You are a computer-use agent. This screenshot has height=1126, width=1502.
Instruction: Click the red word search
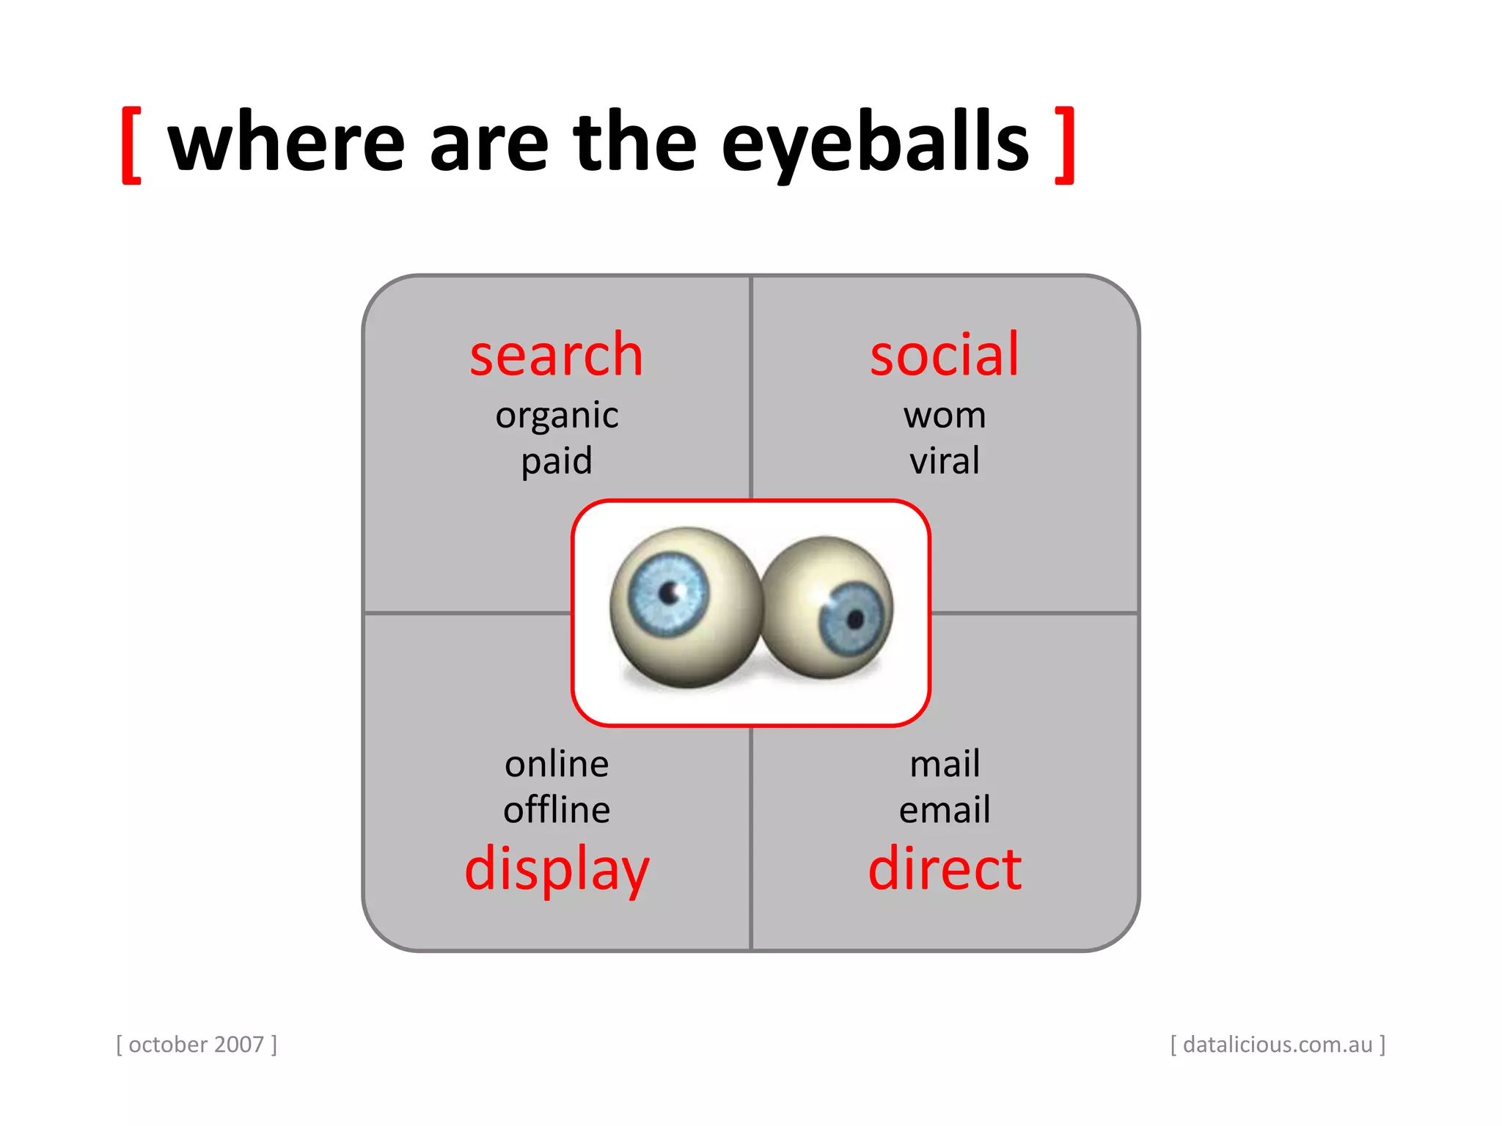[x=556, y=356]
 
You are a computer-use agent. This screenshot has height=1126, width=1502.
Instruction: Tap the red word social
[x=945, y=356]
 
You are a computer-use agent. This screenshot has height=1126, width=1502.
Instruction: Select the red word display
[x=557, y=870]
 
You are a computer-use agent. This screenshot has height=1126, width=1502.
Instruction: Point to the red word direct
[x=945, y=869]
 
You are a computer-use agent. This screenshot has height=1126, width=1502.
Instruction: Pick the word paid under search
[x=557, y=462]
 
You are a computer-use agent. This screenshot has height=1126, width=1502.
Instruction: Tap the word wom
[x=945, y=416]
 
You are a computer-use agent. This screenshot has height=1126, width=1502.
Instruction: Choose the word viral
[x=945, y=461]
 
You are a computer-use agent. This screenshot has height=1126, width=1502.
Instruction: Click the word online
[x=557, y=765]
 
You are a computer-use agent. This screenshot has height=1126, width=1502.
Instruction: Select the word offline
[x=557, y=810]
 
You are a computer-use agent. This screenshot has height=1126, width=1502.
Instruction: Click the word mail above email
[x=945, y=765]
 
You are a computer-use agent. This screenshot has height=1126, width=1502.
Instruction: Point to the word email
[x=945, y=810]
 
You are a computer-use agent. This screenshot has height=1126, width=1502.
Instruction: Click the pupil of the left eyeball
[x=669, y=592]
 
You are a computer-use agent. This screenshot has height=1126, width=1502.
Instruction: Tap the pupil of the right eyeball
[x=854, y=619]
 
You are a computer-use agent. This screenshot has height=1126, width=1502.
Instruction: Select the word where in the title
[x=286, y=143]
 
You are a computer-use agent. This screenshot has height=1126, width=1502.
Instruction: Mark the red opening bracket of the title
[x=131, y=144]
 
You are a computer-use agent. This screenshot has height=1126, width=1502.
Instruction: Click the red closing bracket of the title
[x=1065, y=144]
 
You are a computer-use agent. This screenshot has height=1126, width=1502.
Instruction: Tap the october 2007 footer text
[x=197, y=1045]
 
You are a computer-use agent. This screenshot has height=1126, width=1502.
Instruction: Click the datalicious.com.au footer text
[x=1278, y=1045]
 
